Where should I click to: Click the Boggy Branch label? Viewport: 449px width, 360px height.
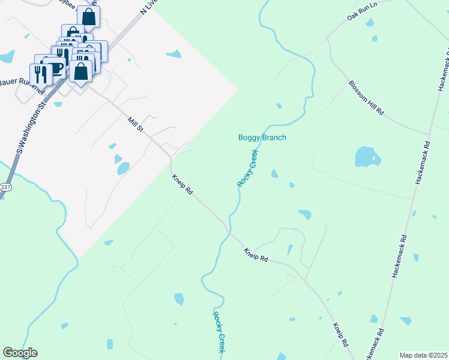pyautogui.click(x=262, y=137)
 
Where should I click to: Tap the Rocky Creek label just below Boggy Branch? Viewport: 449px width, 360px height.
pyautogui.click(x=247, y=168)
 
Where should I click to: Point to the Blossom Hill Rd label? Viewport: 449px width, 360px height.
pyautogui.click(x=366, y=98)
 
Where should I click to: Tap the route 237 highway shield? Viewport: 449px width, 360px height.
pyautogui.click(x=4, y=187)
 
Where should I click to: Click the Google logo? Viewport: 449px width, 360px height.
pyautogui.click(x=20, y=352)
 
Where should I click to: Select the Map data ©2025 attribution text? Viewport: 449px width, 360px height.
pyautogui.click(x=423, y=355)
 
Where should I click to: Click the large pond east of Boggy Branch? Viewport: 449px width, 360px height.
pyautogui.click(x=366, y=157)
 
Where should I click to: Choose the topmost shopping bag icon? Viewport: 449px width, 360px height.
pyautogui.click(x=89, y=17)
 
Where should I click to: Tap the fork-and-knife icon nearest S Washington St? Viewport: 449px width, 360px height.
pyautogui.click(x=41, y=74)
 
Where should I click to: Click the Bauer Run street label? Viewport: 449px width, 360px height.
pyautogui.click(x=18, y=82)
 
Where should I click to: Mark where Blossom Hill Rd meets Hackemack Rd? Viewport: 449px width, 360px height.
pyautogui.click(x=428, y=134)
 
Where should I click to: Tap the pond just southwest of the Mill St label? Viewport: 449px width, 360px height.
pyautogui.click(x=122, y=168)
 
